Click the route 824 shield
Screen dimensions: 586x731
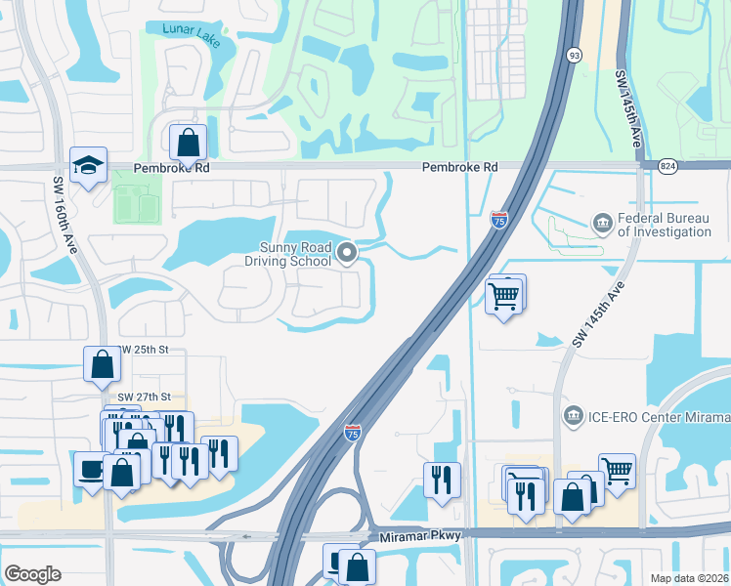click(x=667, y=167)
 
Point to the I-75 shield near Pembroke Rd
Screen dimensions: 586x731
click(x=498, y=220)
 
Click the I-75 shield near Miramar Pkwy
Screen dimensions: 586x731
click(x=353, y=432)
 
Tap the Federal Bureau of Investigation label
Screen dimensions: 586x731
click(x=664, y=226)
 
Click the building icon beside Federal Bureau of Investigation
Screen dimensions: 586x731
click(x=603, y=226)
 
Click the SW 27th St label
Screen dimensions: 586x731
click(x=145, y=397)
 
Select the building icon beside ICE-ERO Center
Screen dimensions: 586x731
click(x=574, y=417)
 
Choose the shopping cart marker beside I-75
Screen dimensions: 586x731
click(x=503, y=295)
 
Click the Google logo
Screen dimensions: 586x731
click(x=32, y=574)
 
